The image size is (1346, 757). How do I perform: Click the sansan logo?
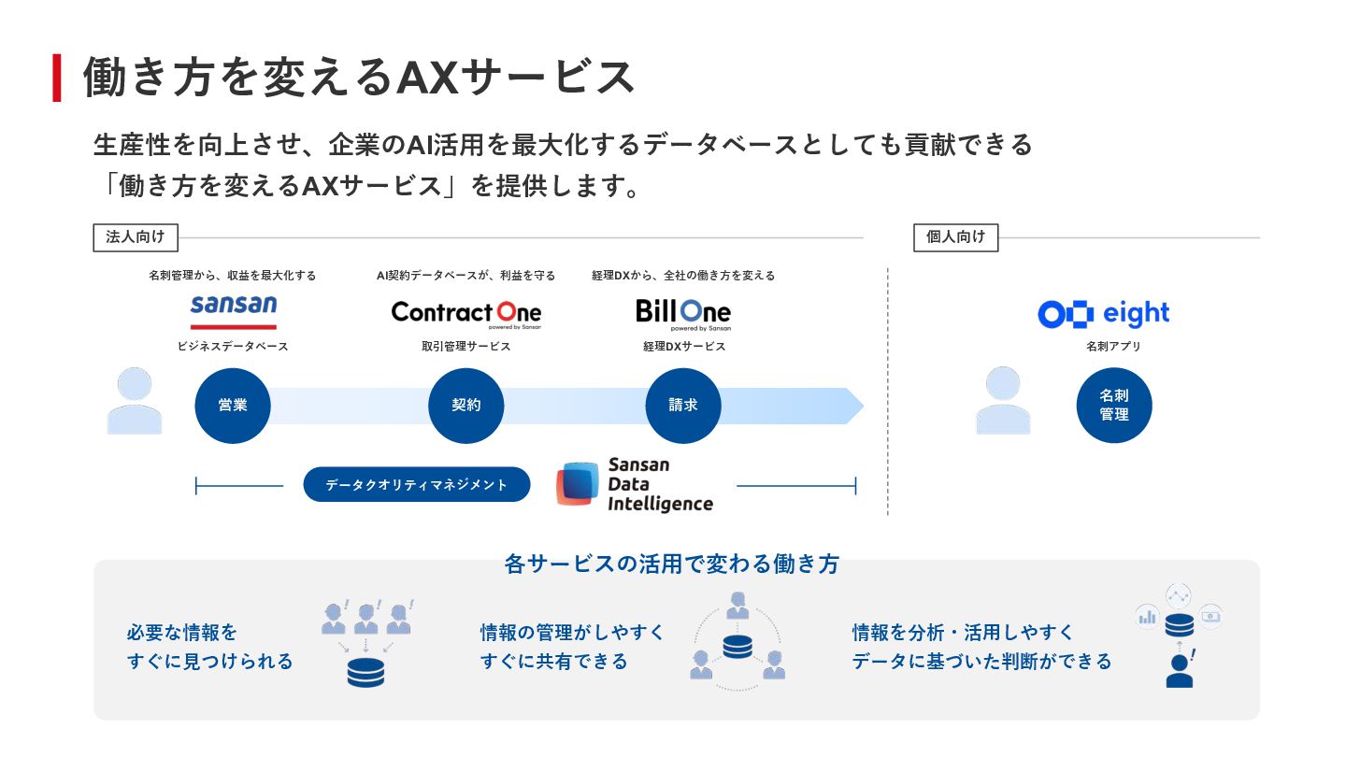point(234,309)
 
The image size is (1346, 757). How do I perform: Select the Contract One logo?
point(465,312)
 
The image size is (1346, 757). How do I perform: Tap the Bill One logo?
point(683,312)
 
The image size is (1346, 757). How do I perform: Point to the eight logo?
point(1104,314)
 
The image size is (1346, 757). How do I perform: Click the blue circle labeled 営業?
point(233,406)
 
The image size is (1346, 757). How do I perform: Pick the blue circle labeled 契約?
point(465,406)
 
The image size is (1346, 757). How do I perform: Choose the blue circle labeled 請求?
point(683,406)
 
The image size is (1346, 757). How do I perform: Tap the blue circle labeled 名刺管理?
point(1114,406)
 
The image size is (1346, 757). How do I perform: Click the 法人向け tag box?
point(136,237)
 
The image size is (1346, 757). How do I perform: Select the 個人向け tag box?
point(955,237)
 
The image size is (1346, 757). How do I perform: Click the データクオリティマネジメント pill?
point(417,484)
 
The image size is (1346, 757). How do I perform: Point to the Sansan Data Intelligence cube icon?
point(578,484)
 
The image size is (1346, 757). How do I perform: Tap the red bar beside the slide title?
point(57,78)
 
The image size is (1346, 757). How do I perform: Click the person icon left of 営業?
point(135,401)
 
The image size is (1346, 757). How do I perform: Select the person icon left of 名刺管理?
point(1003,401)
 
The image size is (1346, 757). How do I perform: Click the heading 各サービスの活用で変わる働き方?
point(672,564)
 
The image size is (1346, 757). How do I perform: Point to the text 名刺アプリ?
point(1113,347)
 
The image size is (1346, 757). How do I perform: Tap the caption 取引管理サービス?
point(465,347)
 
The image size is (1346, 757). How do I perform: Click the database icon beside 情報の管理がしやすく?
point(737,646)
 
